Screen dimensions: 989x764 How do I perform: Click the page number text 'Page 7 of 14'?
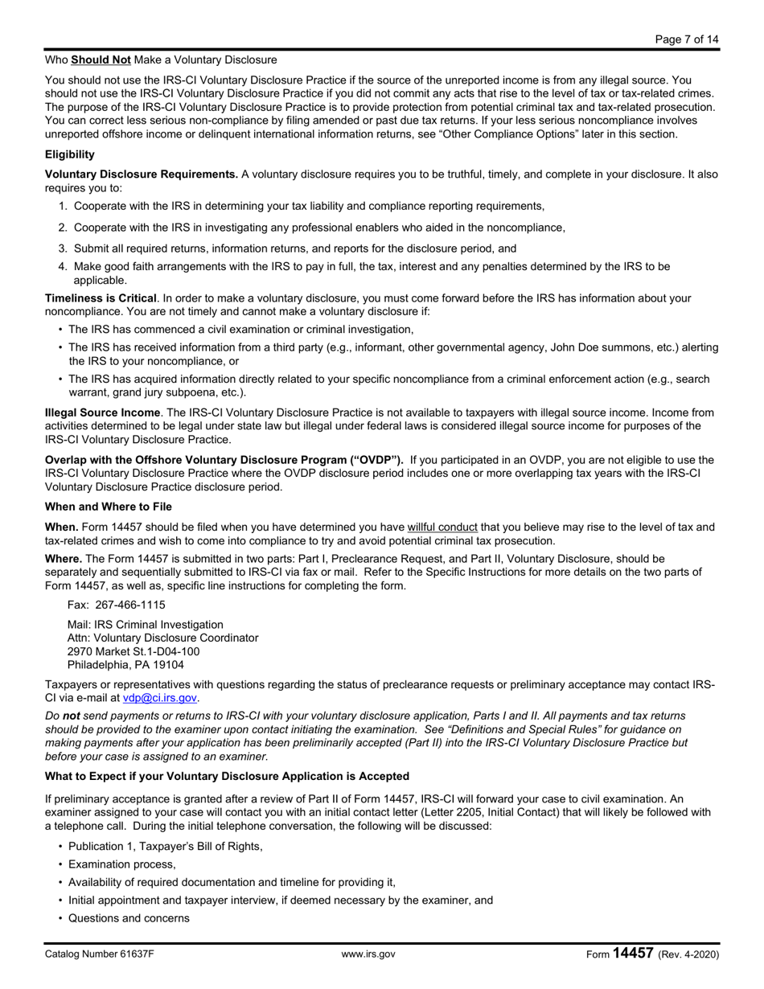pyautogui.click(x=686, y=39)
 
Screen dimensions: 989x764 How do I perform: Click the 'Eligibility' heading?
pyautogui.click(x=69, y=154)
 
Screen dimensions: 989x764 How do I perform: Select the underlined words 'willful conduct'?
pyautogui.click(x=442, y=527)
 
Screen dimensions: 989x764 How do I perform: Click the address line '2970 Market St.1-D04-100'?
pyautogui.click(x=133, y=651)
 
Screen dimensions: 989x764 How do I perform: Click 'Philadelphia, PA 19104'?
pyautogui.click(x=125, y=665)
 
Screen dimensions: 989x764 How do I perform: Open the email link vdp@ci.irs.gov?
pyautogui.click(x=159, y=698)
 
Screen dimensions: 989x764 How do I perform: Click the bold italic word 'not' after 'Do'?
pyautogui.click(x=72, y=715)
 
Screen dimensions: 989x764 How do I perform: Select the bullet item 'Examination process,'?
pyautogui.click(x=121, y=864)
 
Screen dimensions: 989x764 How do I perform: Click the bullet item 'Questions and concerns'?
pyautogui.click(x=129, y=917)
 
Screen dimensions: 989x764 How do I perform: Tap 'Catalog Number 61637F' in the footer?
pyautogui.click(x=100, y=954)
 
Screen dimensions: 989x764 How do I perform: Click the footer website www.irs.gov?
pyautogui.click(x=368, y=954)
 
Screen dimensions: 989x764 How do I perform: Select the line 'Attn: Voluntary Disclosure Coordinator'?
pyautogui.click(x=162, y=638)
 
